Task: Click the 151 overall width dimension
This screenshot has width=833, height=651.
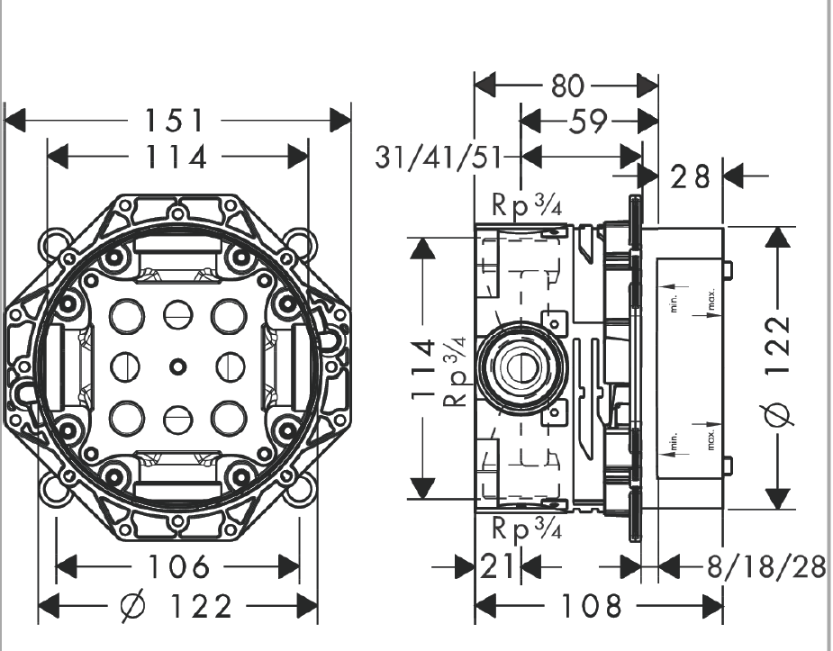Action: pyautogui.click(x=177, y=121)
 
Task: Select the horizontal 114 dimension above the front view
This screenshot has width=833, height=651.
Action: pyautogui.click(x=177, y=157)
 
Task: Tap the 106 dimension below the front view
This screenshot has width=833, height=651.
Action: pyautogui.click(x=177, y=567)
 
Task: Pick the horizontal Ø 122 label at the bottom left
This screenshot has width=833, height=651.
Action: pyautogui.click(x=177, y=606)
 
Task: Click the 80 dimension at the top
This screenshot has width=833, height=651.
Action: pyautogui.click(x=566, y=87)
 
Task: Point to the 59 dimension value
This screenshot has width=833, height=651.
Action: pyautogui.click(x=588, y=121)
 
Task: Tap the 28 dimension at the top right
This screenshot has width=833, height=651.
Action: pyautogui.click(x=691, y=176)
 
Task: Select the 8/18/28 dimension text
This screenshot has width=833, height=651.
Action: pyautogui.click(x=766, y=567)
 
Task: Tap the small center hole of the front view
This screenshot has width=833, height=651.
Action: pyautogui.click(x=177, y=366)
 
